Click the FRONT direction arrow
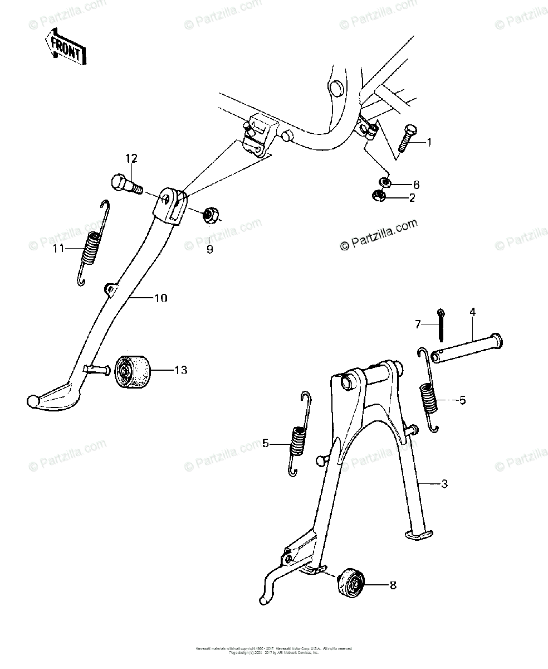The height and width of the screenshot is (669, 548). pos(66,47)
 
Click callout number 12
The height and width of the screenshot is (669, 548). pos(131,159)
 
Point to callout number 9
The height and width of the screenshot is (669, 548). pos(209,250)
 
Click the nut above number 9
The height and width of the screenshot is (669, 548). pos(210,215)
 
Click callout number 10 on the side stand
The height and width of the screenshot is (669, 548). pos(160,298)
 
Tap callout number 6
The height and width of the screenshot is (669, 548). pos(415,185)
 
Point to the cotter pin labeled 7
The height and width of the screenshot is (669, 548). pos(441,325)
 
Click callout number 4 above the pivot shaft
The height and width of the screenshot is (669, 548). pos(472,312)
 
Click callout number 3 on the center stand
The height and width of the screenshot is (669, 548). pos(444,484)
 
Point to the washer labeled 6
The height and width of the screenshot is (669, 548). pos(385,182)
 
